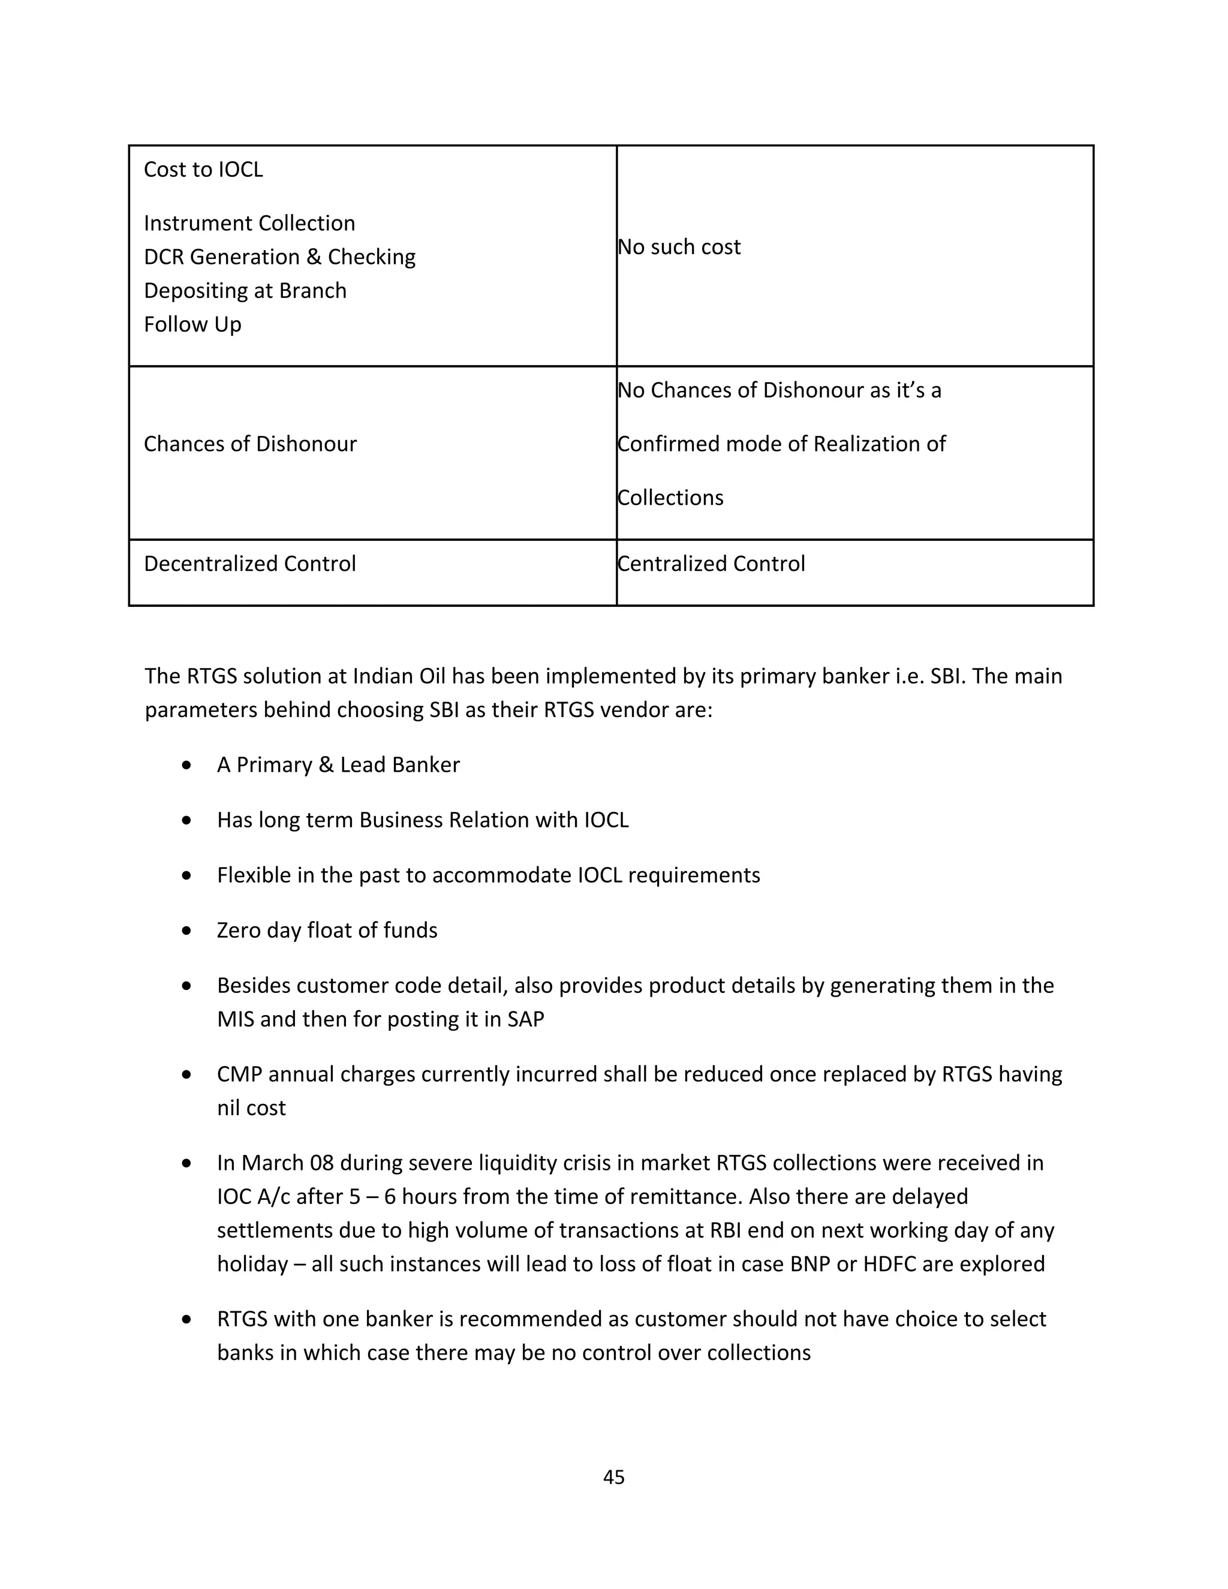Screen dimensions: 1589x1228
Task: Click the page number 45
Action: click(613, 1476)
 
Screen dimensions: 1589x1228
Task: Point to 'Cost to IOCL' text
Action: click(203, 170)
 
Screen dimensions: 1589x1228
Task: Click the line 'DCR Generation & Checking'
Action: click(279, 257)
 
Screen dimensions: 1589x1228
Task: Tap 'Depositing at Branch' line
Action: click(245, 290)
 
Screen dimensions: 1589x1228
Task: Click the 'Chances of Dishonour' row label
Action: click(249, 444)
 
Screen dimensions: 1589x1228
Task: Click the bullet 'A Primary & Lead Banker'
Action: click(338, 765)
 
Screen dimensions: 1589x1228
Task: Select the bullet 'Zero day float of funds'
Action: click(327, 931)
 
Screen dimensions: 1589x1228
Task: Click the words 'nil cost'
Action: click(251, 1108)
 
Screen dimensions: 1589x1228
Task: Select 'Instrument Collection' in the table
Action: click(249, 224)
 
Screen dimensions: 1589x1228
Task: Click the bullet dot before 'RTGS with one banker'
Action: click(187, 1319)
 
